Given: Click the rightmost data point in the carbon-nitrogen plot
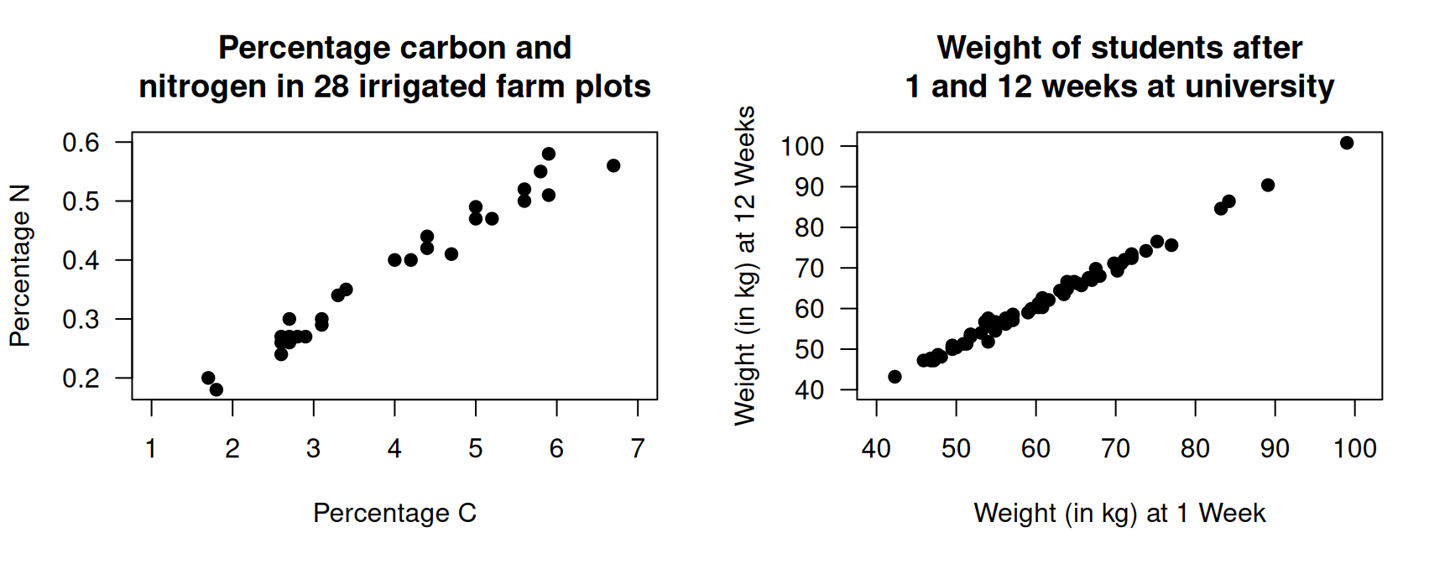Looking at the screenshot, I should (613, 165).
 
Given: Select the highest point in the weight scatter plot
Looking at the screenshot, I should (1347, 143).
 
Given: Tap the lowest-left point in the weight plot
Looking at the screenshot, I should (895, 377).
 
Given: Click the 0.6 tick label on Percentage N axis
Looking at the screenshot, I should (81, 142).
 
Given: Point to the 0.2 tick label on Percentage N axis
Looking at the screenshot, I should (81, 379).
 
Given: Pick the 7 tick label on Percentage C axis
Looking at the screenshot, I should (638, 449).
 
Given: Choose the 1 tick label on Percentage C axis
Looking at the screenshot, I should (151, 449).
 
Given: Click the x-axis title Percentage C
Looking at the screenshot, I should (394, 513).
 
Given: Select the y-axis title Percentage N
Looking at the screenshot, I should (20, 265).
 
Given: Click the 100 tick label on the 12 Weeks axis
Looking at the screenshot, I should (802, 146).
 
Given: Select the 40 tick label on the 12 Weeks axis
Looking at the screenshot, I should (809, 390).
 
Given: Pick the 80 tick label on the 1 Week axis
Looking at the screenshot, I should (1195, 449).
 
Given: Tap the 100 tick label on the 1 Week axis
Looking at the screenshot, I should (1354, 449).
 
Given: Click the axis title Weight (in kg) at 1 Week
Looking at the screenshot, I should (1119, 513).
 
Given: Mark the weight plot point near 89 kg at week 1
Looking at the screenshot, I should (1268, 185).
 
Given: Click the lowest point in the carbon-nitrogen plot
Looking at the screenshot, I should (216, 389).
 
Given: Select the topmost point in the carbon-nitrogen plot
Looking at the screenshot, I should (549, 154).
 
